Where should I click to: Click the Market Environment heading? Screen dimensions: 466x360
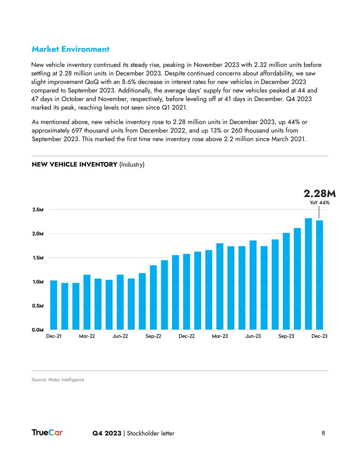[70, 49]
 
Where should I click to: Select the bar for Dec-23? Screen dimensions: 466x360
[319, 275]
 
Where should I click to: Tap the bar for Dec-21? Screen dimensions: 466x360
[54, 305]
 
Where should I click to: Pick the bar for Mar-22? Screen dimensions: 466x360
[87, 302]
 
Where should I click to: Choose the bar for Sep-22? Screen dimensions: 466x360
[153, 297]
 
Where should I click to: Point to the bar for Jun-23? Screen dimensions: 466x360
[253, 285]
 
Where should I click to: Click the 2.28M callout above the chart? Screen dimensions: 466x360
[320, 194]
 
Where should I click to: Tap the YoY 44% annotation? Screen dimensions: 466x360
[320, 202]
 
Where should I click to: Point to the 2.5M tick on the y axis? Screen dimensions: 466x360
[38, 210]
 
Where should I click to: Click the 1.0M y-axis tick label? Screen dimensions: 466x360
[38, 282]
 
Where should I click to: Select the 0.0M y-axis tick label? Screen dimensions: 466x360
[38, 330]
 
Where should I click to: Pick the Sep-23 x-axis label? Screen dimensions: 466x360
[286, 336]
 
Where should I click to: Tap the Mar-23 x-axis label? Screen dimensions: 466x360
[220, 336]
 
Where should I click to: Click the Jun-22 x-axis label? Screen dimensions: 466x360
[120, 336]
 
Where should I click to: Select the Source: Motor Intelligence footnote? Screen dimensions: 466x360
[58, 380]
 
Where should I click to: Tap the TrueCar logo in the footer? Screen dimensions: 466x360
[47, 433]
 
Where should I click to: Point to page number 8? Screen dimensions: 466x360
[323, 433]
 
